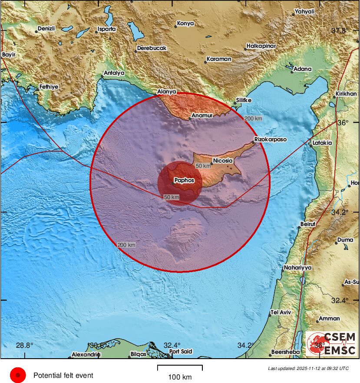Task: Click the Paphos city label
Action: (184, 180)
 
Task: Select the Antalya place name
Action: (114, 73)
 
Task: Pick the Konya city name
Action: (186, 23)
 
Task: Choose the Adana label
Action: (303, 69)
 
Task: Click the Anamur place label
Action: (202, 116)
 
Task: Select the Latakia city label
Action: (322, 143)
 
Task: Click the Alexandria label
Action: (86, 354)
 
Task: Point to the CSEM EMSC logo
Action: (331, 343)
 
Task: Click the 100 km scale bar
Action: (180, 368)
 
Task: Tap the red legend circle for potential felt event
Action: (18, 375)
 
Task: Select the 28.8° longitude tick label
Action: (24, 345)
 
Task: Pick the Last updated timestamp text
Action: (308, 368)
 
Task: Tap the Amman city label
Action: (329, 319)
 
